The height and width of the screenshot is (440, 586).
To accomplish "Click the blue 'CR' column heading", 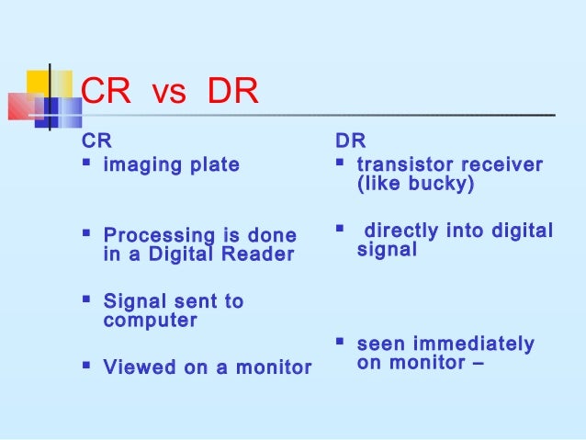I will click(x=96, y=142).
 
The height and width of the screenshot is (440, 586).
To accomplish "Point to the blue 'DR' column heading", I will click(x=350, y=142).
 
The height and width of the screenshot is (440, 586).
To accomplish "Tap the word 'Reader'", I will click(x=262, y=254).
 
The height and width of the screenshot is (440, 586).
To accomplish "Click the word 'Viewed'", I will click(x=136, y=367).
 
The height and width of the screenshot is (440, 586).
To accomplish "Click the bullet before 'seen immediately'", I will click(x=341, y=344).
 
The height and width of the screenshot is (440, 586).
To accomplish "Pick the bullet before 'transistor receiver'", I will click(x=341, y=165).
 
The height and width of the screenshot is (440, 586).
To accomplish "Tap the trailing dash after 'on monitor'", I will click(x=477, y=364).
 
